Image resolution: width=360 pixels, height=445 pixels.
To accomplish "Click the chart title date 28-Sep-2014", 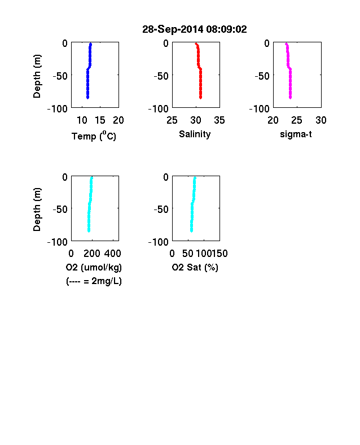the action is point(173,29).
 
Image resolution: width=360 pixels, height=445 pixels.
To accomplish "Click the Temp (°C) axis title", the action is point(94,136).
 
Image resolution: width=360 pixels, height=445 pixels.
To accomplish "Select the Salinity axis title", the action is point(195,134).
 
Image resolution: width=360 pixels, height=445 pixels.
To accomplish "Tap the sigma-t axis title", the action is point(296,134).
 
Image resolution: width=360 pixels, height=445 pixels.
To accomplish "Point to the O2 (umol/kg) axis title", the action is point(94,267).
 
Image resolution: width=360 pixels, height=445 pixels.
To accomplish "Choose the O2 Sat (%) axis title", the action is point(195,267).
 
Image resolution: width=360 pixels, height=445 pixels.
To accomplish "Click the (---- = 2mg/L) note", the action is point(94,281).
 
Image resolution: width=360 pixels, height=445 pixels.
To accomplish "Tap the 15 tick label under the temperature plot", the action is point(100,120).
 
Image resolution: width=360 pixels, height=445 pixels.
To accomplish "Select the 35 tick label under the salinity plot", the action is point(219,120).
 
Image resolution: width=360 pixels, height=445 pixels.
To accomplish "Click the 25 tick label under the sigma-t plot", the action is point(296,120).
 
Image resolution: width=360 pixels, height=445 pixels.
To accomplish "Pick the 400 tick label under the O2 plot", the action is point(113,254).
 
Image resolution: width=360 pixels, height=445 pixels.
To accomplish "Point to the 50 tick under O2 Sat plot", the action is point(188,254).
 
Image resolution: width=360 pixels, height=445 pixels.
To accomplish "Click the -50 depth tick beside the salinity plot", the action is point(161,76).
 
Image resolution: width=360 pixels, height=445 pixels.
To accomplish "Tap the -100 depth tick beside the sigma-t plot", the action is point(259,108).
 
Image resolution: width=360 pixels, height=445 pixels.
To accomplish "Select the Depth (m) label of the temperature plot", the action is point(37,76).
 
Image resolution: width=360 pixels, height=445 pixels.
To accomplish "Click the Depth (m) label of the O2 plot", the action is point(37,210).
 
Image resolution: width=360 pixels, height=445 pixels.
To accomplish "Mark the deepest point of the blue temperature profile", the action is point(88,98).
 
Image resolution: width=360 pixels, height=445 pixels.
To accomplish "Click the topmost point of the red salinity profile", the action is point(196,43).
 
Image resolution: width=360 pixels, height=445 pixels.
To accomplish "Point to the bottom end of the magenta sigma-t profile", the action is point(290,98).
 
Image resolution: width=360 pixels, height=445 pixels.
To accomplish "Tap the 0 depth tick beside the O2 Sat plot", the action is point(166,177).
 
